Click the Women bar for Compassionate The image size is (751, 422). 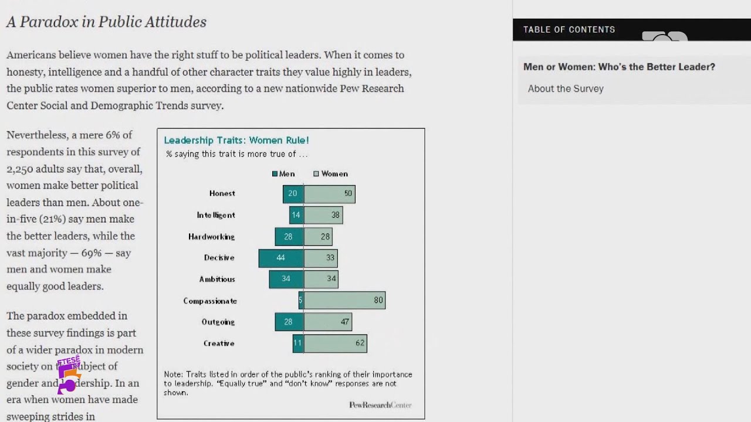click(x=344, y=300)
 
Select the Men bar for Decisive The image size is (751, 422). click(x=281, y=258)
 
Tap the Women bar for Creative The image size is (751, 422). click(x=335, y=343)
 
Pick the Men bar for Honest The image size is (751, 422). click(x=293, y=193)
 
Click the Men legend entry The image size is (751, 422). click(x=283, y=173)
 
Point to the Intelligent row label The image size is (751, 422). click(x=216, y=215)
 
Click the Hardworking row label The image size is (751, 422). click(x=211, y=237)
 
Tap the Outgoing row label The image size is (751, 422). click(x=218, y=322)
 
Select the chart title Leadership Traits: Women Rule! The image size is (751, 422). click(x=236, y=140)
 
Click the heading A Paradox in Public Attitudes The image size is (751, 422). click(x=106, y=22)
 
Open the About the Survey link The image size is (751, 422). click(x=566, y=89)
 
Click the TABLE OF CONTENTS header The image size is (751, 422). click(x=569, y=29)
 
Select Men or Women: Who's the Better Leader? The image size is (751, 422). click(x=619, y=67)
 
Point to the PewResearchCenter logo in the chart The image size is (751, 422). click(x=380, y=405)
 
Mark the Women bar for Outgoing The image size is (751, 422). click(x=327, y=322)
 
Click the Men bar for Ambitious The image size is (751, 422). click(x=286, y=279)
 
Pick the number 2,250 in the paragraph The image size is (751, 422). click(x=23, y=168)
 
